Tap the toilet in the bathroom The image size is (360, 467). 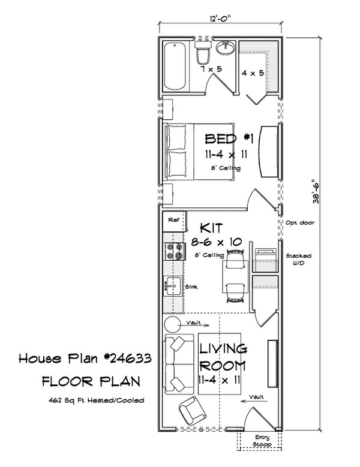202,53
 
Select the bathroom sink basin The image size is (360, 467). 227,46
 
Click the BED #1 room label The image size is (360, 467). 229,140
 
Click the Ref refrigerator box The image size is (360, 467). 173,221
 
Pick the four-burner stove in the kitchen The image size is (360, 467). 174,251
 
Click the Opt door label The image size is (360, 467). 301,222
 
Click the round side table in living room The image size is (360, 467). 173,324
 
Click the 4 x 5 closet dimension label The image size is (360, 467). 251,73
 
